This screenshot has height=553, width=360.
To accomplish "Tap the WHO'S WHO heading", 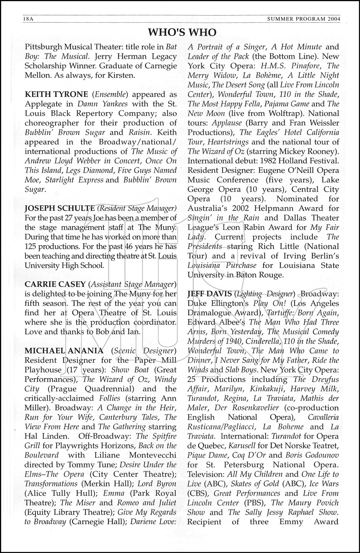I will (x=182, y=33).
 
